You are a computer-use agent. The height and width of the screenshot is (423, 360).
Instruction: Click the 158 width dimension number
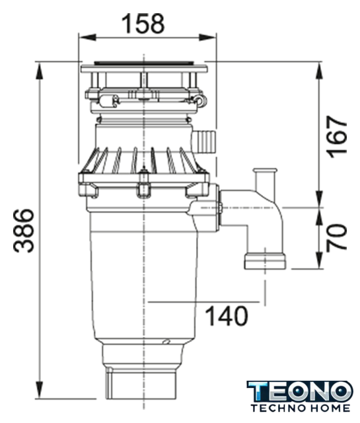coord(143,24)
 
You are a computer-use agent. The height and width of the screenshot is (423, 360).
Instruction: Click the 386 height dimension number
coord(24,231)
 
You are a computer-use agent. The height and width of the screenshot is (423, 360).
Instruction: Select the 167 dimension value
coord(336,137)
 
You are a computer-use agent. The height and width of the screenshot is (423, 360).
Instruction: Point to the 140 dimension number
coord(227,315)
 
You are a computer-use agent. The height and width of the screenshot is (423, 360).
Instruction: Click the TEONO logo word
coord(300,391)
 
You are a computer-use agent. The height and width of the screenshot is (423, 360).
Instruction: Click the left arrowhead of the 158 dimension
coord(87,37)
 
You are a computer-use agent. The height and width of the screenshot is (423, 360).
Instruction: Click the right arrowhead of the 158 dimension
coord(207,37)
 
